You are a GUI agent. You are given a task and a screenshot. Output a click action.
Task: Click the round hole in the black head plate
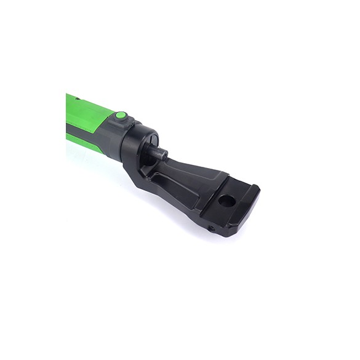pyautogui.click(x=226, y=201)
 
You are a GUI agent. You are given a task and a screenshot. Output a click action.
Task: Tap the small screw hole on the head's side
pyautogui.click(x=211, y=228)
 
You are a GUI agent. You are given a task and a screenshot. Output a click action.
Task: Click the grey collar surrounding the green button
pyautogui.click(x=114, y=123)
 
